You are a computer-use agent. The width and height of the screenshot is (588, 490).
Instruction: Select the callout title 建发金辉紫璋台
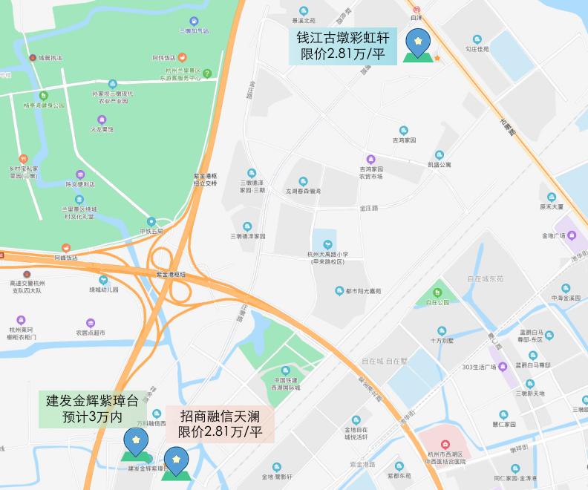(x=93, y=402)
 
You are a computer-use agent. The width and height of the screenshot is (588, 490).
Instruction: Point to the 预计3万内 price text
(x=93, y=417)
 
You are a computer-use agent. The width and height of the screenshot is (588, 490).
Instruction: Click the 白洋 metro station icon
(x=416, y=9)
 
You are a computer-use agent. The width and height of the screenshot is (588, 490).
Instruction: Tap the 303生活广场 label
(x=480, y=367)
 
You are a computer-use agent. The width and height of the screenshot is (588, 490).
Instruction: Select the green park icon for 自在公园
(x=438, y=293)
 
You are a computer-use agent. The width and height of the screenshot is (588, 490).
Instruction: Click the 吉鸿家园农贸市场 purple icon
(x=370, y=159)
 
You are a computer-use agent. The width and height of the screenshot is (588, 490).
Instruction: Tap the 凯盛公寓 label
(x=439, y=164)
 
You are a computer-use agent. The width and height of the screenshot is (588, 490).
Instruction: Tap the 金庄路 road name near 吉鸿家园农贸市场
(x=368, y=208)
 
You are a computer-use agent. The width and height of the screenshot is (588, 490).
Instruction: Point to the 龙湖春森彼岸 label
(x=303, y=191)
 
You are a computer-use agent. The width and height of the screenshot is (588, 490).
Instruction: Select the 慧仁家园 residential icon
(x=503, y=425)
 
